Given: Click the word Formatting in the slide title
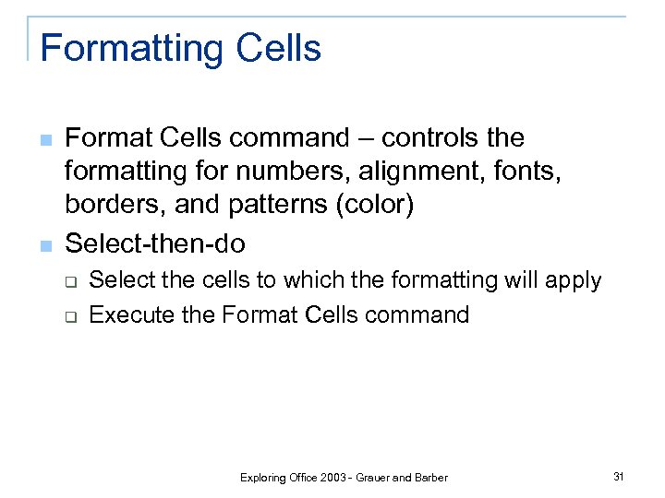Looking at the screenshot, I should (x=127, y=49).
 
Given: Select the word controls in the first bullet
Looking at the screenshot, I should (x=433, y=138).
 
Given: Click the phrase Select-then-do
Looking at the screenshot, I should (x=155, y=243).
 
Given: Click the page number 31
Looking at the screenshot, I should (x=619, y=476).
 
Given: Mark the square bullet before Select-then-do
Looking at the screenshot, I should (x=45, y=246).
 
